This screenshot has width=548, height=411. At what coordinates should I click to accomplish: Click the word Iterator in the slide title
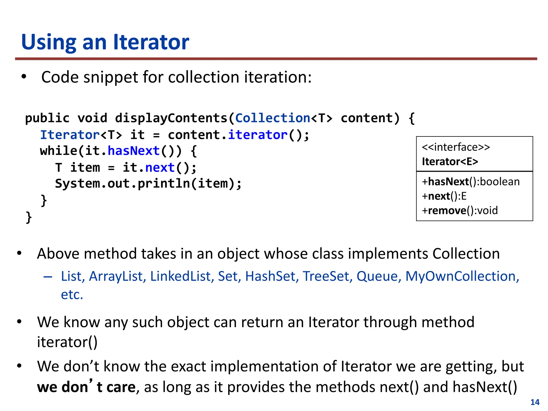tap(151, 42)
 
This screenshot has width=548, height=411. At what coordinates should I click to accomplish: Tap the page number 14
tap(535, 402)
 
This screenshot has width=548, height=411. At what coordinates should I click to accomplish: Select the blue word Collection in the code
tap(272, 118)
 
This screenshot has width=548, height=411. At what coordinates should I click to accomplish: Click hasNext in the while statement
tap(134, 151)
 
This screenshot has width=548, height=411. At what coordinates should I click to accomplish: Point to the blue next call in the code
tap(160, 168)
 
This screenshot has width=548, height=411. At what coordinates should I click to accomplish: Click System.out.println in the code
tap(122, 184)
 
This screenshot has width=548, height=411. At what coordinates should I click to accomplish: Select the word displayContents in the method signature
tap(171, 118)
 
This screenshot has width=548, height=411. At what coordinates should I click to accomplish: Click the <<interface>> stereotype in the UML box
tap(456, 147)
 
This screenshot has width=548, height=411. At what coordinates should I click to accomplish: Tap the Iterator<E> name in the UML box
tap(450, 162)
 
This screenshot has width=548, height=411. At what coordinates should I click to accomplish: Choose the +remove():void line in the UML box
tap(460, 211)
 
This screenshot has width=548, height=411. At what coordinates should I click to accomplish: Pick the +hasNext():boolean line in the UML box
tap(471, 182)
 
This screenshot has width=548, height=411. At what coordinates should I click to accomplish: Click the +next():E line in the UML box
tap(444, 196)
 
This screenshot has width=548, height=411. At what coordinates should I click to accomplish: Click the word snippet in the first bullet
tap(111, 77)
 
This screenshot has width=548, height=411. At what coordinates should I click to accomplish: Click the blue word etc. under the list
tap(72, 295)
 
